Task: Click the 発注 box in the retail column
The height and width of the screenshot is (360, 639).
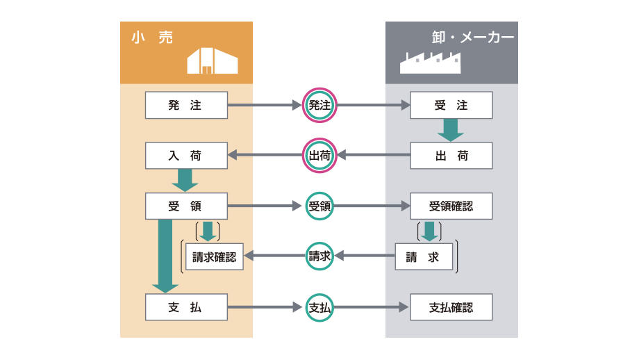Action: point(186,106)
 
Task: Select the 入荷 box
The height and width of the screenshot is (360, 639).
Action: point(186,156)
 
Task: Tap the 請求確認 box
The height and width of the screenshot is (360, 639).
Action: point(214,256)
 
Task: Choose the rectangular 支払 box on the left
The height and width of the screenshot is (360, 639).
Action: point(186,307)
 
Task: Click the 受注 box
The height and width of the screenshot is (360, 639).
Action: point(451,106)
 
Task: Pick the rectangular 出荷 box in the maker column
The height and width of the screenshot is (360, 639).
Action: point(451,156)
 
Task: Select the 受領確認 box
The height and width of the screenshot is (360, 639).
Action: point(451,206)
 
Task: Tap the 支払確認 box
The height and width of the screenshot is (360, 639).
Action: point(451,307)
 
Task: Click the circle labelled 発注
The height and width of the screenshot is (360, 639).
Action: point(319,106)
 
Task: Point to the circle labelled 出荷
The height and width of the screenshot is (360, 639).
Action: point(319,156)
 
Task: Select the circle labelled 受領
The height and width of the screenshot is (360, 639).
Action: point(319,206)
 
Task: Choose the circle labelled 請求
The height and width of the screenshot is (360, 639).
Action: point(319,256)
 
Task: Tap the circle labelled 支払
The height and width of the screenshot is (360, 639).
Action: point(319,307)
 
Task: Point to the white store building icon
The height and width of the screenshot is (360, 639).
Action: point(212,61)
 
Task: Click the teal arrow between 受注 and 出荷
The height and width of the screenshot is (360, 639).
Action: point(451,130)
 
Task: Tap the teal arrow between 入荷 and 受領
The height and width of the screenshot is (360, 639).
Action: point(185,180)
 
